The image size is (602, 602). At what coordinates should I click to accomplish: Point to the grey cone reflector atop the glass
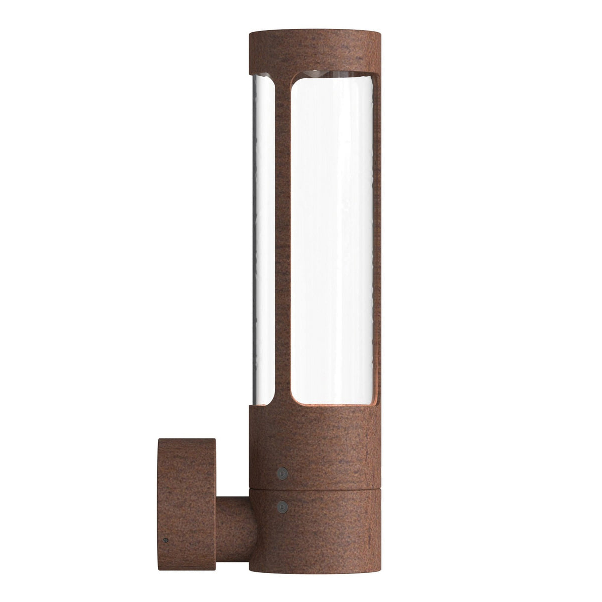click(x=316, y=74)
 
